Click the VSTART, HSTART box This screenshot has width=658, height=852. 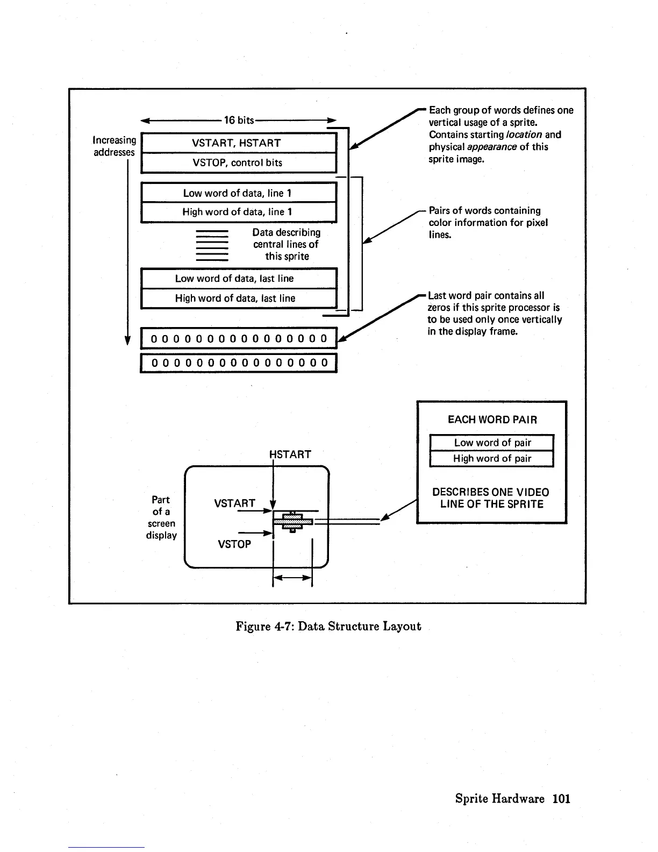point(238,143)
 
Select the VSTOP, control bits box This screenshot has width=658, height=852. point(238,162)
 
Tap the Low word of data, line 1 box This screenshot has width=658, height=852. point(238,193)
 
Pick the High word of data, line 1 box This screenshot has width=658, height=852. point(238,212)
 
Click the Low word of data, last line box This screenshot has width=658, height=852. point(238,279)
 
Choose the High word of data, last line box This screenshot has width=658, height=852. point(238,299)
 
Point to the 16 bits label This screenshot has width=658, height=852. point(239,120)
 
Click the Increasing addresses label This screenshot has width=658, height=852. point(115,146)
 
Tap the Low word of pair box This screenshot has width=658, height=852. point(492,443)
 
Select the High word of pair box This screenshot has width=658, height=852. point(492,459)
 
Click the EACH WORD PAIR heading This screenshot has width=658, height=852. point(492,420)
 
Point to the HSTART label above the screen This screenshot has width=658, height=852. point(291,455)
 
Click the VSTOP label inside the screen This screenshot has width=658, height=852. point(234,544)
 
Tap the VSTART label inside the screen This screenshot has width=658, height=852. point(234,503)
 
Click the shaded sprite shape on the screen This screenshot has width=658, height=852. point(293,520)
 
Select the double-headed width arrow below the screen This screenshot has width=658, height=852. point(292,578)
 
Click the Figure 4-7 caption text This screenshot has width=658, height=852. point(328,626)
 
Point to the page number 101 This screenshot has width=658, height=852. point(561,799)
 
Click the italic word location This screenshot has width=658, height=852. point(524,134)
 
